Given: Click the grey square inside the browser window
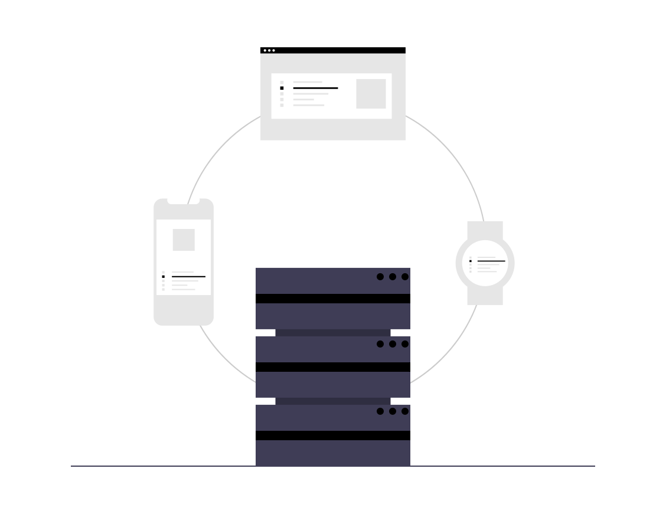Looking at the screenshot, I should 371,94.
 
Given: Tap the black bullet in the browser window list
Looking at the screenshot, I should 282,88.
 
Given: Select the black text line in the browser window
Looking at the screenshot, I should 315,88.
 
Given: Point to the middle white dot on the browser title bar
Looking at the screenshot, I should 269,50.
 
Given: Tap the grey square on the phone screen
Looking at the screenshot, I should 184,240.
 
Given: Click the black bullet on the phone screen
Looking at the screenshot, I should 164,276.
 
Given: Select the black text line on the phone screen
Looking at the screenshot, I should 188,276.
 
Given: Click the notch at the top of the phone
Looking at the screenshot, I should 183,201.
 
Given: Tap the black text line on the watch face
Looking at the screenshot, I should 491,260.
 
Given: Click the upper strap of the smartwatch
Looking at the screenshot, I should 485,229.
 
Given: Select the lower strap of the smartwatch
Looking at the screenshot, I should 485,296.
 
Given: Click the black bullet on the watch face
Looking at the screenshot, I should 471,260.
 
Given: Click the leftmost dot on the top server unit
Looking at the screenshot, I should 380,277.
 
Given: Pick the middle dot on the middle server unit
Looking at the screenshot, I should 393,344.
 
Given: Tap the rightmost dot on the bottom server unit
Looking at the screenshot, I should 405,411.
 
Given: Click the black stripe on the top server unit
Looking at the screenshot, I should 333,299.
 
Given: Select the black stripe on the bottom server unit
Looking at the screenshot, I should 333,436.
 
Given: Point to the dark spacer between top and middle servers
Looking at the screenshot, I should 333,333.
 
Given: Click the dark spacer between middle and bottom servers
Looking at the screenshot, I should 333,401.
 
